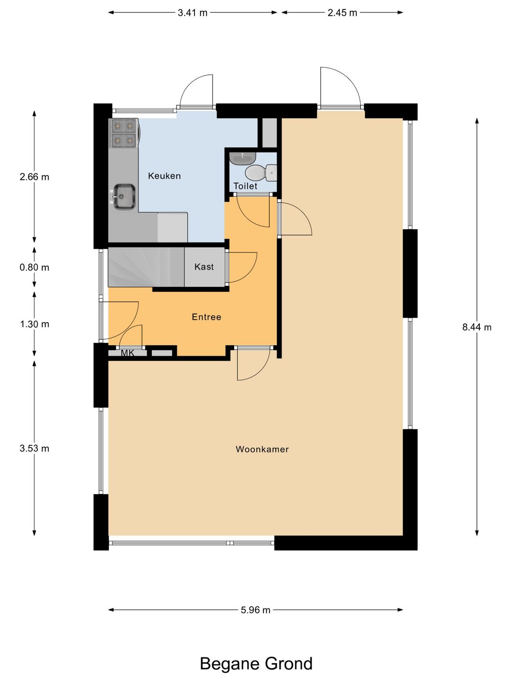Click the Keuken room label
164,176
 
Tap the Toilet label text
245,186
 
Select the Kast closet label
204,267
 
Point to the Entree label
206,317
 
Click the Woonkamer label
262,449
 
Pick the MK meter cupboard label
128,353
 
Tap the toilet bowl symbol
260,173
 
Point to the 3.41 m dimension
193,13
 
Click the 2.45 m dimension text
342,13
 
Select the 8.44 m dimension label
477,327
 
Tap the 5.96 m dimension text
255,610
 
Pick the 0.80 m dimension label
35,267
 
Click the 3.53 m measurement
35,449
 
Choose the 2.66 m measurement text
35,177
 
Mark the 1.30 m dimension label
35,324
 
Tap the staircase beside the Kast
146,267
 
